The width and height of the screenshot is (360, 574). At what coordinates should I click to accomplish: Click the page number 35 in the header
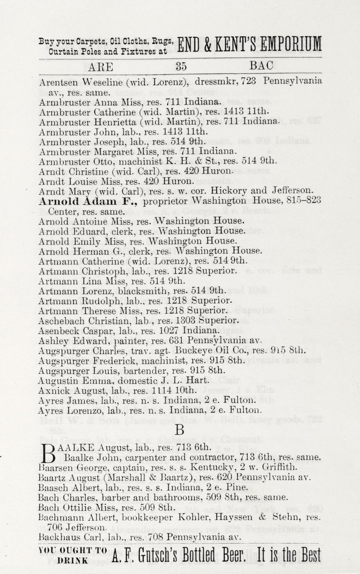[181, 66]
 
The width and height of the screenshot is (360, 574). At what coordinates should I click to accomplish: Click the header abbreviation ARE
[101, 67]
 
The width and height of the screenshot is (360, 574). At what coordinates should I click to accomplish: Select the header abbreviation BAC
[261, 66]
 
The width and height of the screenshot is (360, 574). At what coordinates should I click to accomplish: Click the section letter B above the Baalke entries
[179, 430]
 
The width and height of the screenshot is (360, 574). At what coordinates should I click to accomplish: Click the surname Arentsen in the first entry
[56, 82]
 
